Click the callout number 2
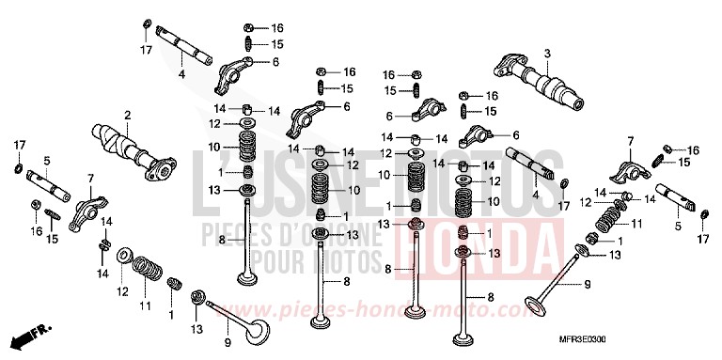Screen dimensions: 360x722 pyautogui.click(x=127, y=116)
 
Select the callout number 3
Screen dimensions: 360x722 pyautogui.click(x=546, y=53)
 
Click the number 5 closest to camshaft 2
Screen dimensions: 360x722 pyautogui.click(x=46, y=161)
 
